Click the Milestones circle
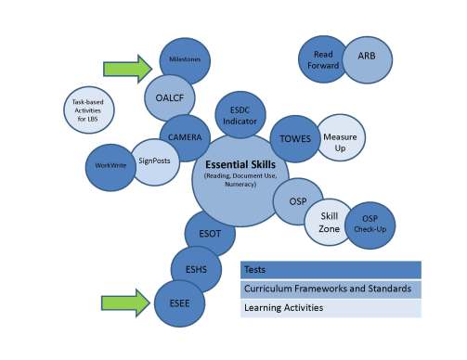point(186,62)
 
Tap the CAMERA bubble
point(185,137)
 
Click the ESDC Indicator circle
point(240,115)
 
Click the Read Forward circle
point(324,60)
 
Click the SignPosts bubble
point(152,161)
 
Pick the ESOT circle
point(210,235)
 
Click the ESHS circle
point(196,269)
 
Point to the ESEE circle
point(179,302)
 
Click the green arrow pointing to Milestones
point(127,68)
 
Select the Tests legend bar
point(330,269)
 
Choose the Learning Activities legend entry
point(330,307)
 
